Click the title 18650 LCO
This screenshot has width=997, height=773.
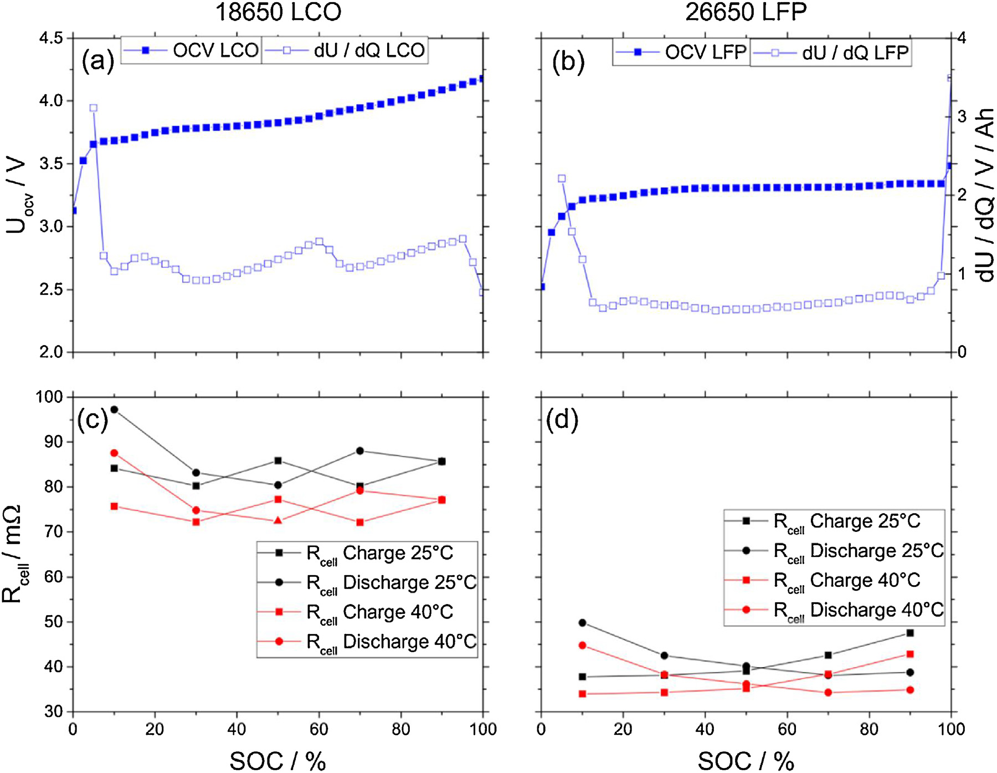278,12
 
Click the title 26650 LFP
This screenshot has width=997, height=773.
746,12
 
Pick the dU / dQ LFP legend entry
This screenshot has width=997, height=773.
831,53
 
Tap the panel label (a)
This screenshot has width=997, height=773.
97,60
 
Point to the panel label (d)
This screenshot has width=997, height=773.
562,419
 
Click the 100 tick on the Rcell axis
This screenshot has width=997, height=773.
49,397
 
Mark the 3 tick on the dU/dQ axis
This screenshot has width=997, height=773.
962,117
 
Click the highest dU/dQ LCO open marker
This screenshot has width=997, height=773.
94,108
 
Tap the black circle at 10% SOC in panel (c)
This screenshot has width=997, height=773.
114,409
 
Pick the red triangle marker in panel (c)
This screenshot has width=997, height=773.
279,520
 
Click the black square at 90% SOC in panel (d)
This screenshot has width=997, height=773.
910,633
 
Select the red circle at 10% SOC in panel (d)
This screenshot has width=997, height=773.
582,646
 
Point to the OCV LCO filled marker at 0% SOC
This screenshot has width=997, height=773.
74,211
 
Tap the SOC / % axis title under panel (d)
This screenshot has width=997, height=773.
746,761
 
